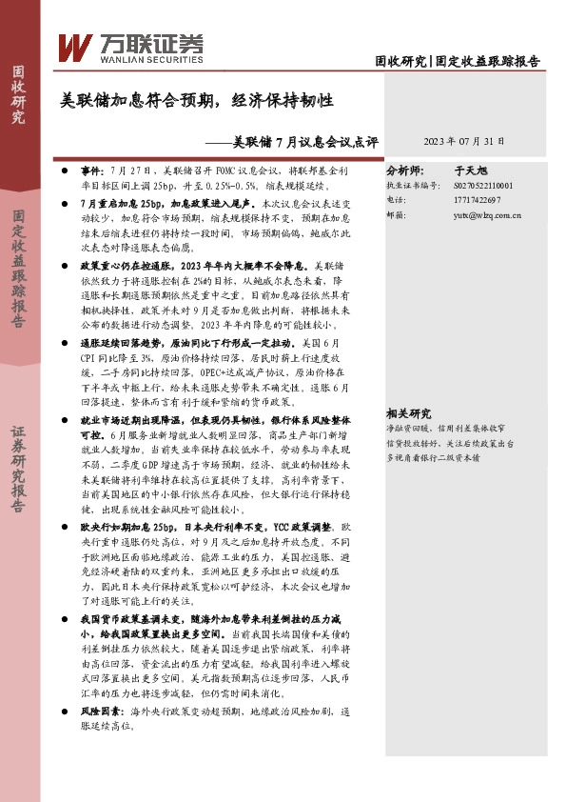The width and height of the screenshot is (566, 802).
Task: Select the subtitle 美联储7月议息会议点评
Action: pos(304,142)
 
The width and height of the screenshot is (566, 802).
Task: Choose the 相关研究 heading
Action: pos(409,413)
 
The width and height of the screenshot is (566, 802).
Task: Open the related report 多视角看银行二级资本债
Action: pos(433,457)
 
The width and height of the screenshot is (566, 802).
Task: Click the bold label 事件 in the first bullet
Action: pos(91,167)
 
